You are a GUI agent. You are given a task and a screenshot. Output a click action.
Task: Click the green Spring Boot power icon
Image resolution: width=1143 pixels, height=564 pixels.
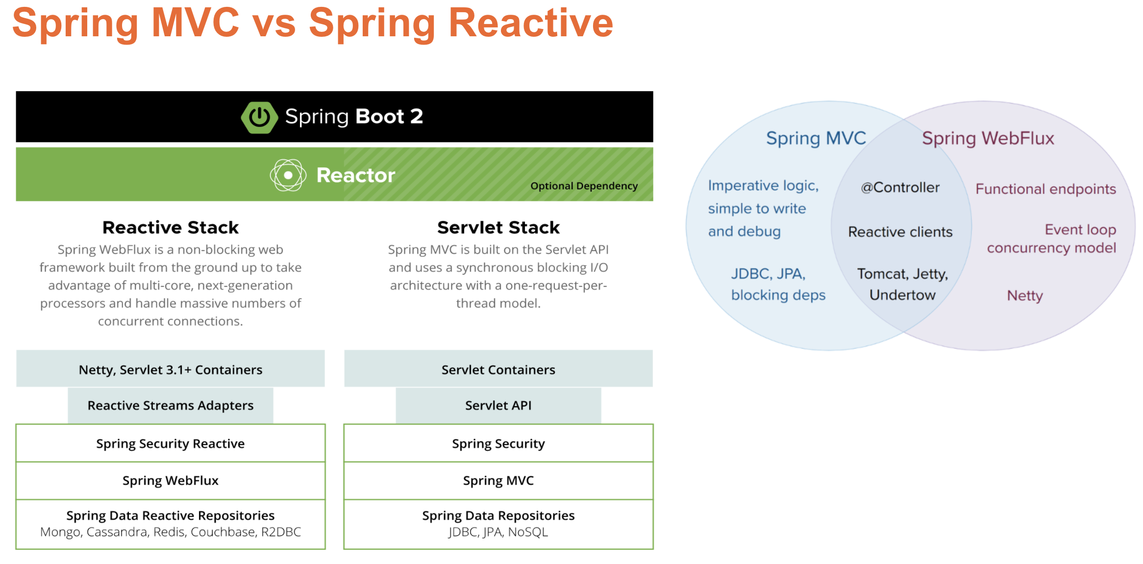259,117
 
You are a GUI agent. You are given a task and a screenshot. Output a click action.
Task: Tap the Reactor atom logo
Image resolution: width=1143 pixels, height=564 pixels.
288,175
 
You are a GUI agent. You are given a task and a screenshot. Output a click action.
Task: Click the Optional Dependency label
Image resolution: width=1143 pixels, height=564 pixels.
584,186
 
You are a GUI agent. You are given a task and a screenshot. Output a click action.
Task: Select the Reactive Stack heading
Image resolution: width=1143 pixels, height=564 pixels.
170,228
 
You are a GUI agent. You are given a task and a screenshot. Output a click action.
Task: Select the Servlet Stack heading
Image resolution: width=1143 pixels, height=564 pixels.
498,228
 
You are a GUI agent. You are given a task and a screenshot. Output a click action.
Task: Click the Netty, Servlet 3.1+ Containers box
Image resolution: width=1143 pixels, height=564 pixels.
170,369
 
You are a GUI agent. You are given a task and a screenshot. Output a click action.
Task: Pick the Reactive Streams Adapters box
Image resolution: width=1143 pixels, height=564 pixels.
170,406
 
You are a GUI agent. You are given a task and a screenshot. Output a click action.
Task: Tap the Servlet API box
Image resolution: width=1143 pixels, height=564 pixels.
498,406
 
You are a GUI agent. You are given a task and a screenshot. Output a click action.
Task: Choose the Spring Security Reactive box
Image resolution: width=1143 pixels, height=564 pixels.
170,443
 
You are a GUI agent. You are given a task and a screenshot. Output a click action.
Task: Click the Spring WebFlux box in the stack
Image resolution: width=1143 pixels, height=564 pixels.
170,481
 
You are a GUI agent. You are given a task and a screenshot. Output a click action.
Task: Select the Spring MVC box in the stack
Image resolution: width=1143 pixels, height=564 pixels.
498,481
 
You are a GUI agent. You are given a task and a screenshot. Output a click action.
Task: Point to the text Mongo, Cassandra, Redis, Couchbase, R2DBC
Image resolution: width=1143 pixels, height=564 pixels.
170,532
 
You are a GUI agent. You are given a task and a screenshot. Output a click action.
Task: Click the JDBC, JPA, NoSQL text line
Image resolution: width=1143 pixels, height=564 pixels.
498,532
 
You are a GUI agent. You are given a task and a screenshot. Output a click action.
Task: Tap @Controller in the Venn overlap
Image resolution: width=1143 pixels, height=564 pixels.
900,187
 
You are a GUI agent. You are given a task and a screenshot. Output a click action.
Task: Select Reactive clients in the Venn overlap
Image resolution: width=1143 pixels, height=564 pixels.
900,232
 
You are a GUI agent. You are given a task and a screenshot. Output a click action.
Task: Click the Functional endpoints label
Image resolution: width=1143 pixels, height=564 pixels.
1045,189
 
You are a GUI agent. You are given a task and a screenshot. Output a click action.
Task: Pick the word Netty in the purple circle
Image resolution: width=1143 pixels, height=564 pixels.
1024,296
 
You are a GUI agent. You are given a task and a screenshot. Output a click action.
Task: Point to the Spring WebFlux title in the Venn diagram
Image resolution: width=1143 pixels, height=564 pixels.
988,139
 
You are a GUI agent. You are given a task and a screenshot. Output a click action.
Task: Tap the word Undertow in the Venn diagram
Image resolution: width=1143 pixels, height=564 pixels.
902,295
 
